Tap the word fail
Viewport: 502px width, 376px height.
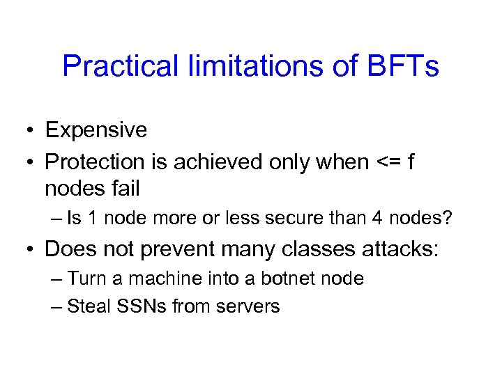tap(124, 187)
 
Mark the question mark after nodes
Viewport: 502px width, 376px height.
tap(448, 219)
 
